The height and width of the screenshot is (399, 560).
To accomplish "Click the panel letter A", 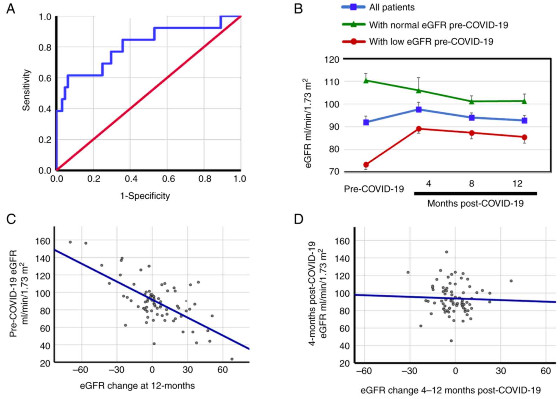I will [11, 9].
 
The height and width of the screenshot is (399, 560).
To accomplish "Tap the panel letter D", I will [299, 219].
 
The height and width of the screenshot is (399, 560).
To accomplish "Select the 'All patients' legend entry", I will [392, 7].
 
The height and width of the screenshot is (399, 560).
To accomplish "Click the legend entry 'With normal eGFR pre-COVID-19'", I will [438, 25].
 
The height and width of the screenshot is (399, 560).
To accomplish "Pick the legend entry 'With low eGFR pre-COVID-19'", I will [431, 42].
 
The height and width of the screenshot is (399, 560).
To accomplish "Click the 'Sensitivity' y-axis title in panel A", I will [26, 90].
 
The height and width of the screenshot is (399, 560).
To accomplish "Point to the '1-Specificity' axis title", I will [145, 196].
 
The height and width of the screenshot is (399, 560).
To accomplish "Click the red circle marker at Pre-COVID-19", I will [366, 165].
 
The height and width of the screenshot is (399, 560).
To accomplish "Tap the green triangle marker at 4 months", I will [419, 90].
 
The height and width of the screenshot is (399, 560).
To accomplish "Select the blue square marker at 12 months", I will [524, 121].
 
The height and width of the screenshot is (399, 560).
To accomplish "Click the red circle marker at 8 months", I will [472, 133].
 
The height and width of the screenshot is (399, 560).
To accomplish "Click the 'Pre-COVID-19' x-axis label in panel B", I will [374, 189].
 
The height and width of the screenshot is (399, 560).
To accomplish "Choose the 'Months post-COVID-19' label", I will [475, 204].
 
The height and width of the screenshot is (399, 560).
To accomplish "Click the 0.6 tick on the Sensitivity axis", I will [45, 78].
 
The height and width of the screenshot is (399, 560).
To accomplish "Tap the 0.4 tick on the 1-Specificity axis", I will [131, 179].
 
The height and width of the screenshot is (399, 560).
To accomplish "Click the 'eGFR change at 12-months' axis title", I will [137, 385].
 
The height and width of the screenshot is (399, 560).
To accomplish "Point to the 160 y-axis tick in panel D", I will [342, 241].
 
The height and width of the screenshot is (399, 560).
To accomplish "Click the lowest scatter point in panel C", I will [232, 359].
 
